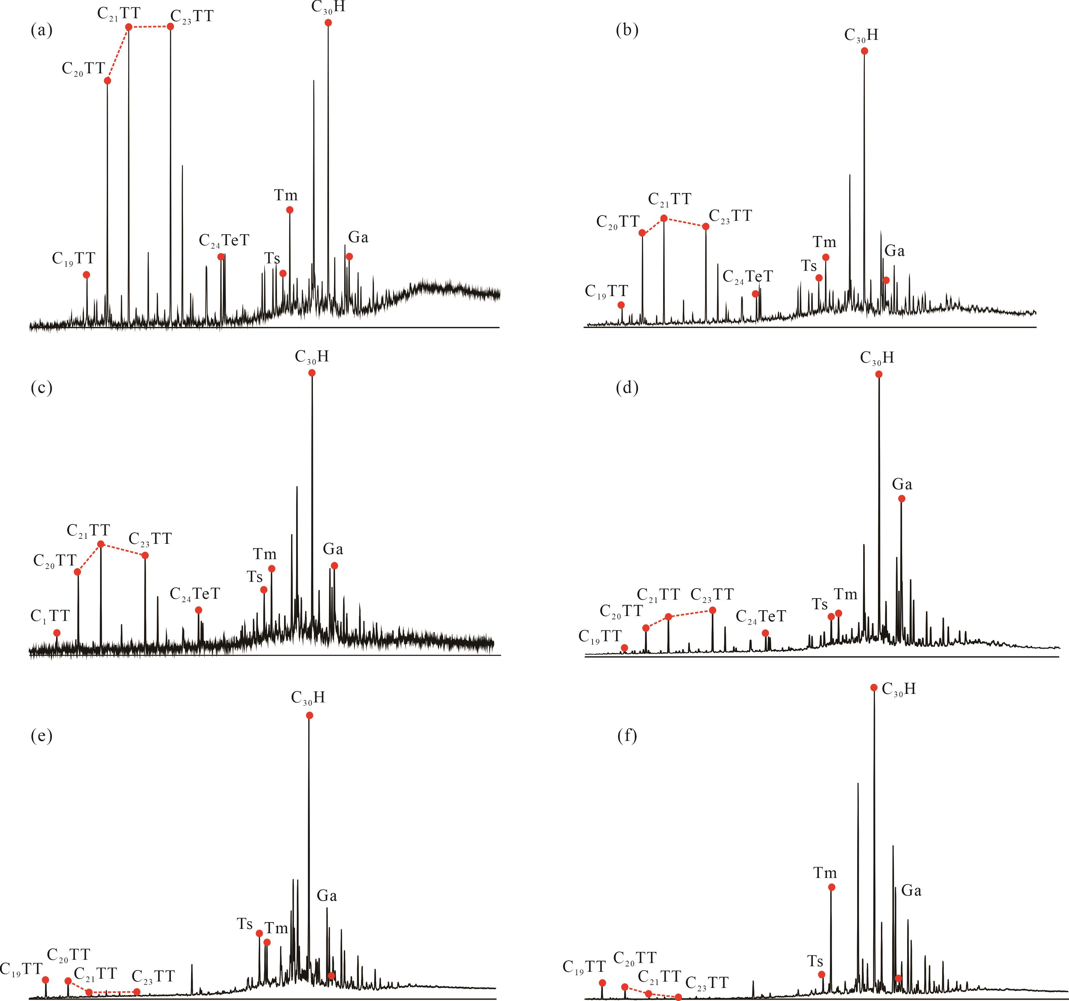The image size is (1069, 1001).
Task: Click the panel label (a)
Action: (41, 31)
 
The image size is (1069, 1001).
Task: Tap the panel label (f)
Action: (627, 736)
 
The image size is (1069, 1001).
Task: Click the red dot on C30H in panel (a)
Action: (328, 22)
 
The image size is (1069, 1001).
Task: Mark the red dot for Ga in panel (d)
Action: (902, 499)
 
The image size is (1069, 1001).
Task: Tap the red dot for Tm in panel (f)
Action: (831, 887)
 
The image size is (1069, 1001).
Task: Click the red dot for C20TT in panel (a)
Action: (107, 81)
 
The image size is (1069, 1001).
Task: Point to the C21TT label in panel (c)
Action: (88, 531)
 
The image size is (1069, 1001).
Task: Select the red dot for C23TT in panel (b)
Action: (706, 226)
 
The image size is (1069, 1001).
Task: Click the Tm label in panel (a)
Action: (285, 195)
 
